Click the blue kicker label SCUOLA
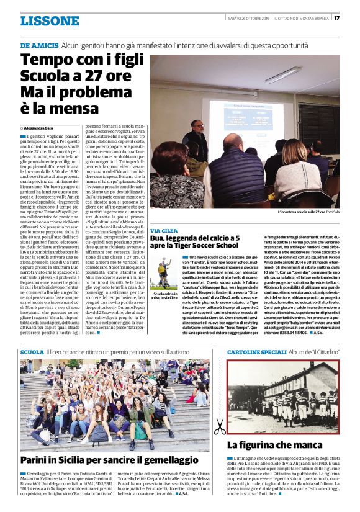coord(32,352)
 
